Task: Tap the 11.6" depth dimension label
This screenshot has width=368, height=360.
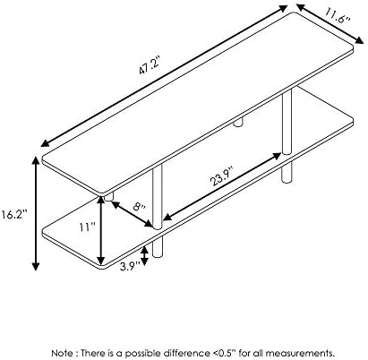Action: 338,17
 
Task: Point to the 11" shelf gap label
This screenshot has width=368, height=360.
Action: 87,227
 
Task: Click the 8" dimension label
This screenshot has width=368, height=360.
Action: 139,206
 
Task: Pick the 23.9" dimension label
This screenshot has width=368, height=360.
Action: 222,176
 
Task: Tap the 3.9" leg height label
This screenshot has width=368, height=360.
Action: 130,266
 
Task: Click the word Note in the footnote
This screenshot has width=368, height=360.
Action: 62,353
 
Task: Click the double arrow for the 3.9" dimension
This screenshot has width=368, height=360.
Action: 144,256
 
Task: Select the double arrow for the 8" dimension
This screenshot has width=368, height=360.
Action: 132,214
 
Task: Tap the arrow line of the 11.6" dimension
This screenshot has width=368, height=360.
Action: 330,24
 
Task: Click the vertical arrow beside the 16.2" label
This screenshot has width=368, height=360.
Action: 36,213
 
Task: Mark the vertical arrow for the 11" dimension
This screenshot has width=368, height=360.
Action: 101,230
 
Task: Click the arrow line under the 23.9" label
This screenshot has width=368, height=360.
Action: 222,187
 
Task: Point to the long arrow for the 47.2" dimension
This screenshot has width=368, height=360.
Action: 164,76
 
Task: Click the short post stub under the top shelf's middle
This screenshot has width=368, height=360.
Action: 238,122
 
